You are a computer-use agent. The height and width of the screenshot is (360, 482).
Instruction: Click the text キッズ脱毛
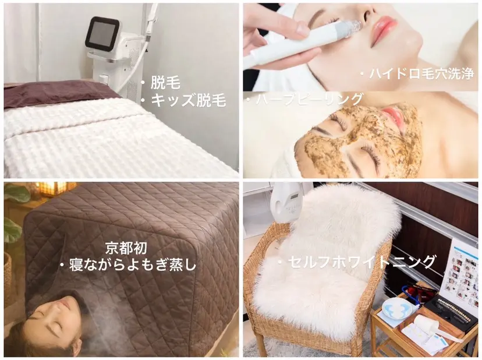[x=187, y=100]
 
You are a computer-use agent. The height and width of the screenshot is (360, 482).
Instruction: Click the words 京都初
[x=123, y=246]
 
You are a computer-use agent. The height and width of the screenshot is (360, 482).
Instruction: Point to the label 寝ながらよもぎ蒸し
[x=128, y=265]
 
